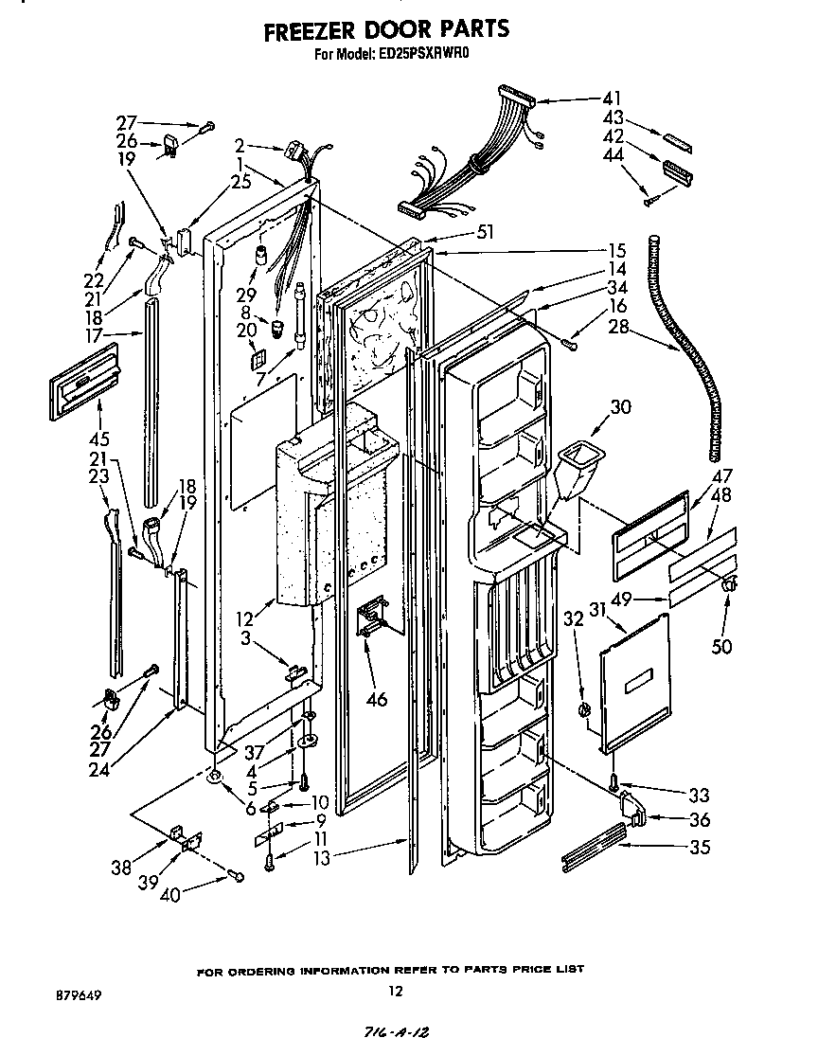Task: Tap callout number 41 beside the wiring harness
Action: (613, 98)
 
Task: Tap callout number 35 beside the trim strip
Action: (699, 848)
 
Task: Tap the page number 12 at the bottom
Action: (396, 992)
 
